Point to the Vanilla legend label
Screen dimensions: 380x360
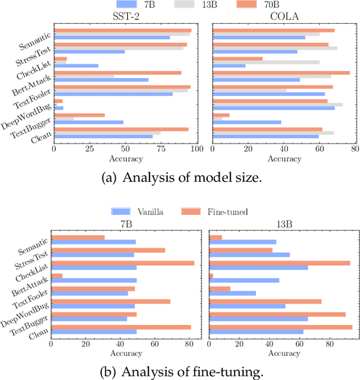(150, 212)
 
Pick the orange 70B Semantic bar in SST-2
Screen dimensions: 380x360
(123, 30)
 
